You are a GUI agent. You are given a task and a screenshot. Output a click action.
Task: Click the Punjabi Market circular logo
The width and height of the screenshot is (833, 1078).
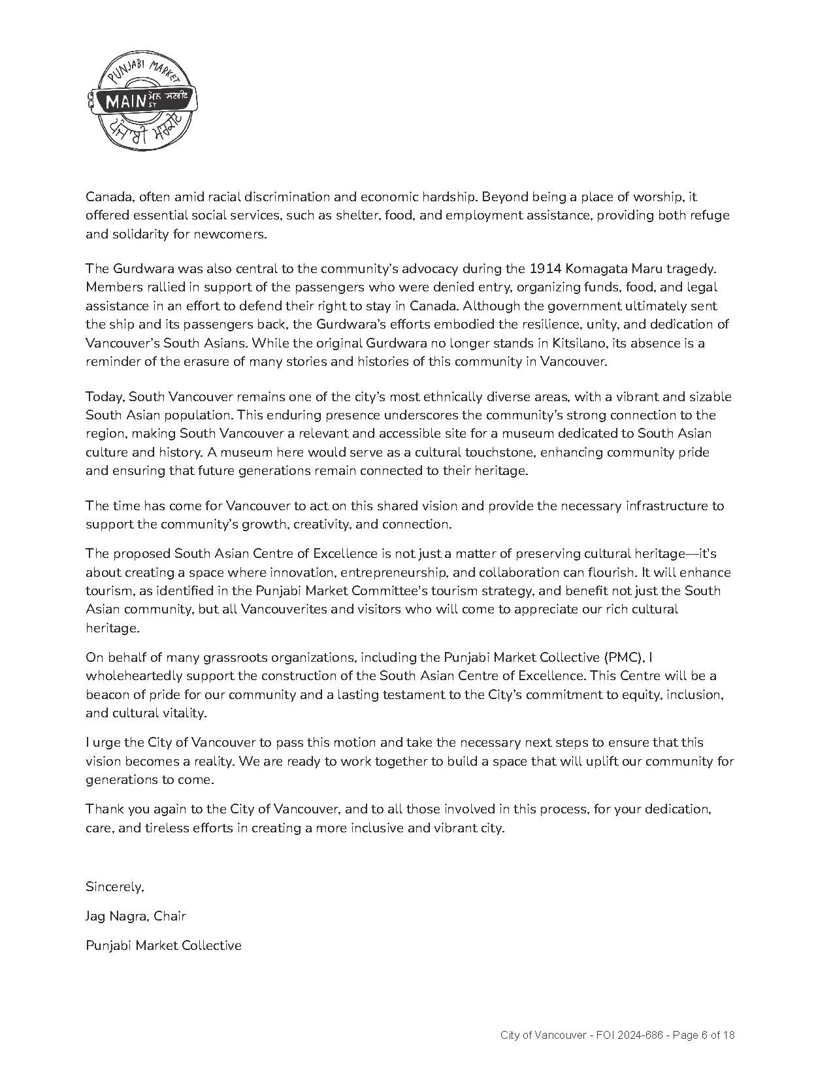pos(141,102)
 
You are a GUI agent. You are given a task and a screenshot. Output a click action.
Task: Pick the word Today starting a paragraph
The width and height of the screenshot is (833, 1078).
pos(105,397)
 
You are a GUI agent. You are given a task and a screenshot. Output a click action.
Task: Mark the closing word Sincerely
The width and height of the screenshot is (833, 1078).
pos(114,887)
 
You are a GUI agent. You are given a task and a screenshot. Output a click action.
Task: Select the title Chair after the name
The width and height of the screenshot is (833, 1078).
pos(170,917)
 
